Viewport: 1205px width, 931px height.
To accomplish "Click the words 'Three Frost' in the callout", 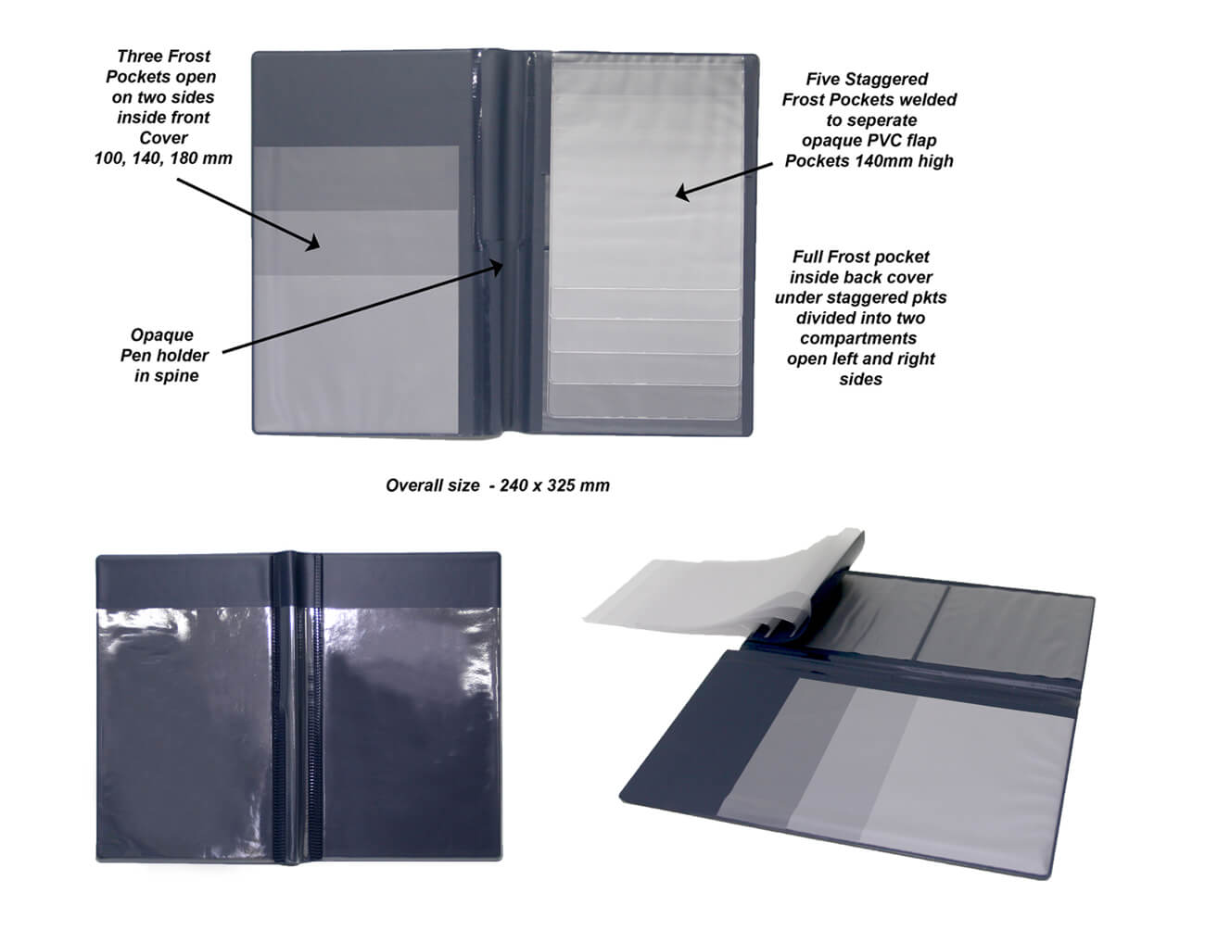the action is (x=163, y=56).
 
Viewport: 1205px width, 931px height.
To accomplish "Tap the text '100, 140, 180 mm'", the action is (x=163, y=158).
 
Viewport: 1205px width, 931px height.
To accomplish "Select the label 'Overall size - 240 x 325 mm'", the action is (x=498, y=485).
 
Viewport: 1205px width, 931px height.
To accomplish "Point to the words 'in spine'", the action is (x=166, y=376).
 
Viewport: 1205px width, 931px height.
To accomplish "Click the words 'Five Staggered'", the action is (x=867, y=80).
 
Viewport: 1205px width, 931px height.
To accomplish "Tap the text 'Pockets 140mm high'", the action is (x=869, y=160).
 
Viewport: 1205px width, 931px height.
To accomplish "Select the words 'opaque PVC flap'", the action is (x=869, y=141).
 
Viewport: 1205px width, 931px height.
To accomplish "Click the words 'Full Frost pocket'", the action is (x=860, y=258).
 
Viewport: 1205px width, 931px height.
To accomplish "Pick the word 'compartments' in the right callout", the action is (x=858, y=338).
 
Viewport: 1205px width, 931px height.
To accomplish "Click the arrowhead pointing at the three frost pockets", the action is (x=312, y=243).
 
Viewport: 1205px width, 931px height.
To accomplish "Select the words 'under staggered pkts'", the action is (x=860, y=297).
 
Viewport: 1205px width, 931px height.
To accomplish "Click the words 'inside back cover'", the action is (x=861, y=277).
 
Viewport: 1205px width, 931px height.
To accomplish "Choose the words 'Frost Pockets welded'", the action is (x=869, y=100).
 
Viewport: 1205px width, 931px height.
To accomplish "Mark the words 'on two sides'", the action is (x=163, y=97).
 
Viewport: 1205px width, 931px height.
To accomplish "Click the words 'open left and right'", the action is (x=860, y=359).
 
